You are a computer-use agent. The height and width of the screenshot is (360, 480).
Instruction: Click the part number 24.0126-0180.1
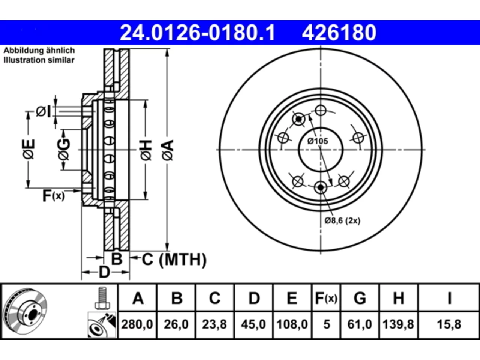tap(198, 33)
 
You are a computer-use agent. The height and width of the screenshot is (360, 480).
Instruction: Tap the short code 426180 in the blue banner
tap(339, 33)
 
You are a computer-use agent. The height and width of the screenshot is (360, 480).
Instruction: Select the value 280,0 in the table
tap(137, 324)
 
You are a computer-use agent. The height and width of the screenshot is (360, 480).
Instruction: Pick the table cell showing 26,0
tap(176, 324)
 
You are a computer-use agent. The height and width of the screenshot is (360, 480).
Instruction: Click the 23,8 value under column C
tap(214, 324)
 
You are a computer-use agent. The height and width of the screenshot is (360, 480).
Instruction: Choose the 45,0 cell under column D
tap(253, 324)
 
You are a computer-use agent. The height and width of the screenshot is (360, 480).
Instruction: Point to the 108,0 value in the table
tap(292, 324)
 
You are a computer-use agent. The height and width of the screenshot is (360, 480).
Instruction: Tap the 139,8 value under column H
tap(398, 324)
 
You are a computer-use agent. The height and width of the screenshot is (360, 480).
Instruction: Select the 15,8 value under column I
tap(449, 324)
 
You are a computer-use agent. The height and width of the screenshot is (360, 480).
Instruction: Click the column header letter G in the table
tap(360, 298)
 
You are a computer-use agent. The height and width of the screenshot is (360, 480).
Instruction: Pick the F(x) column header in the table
tap(326, 298)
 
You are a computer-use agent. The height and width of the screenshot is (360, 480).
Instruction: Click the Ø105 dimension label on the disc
tap(318, 141)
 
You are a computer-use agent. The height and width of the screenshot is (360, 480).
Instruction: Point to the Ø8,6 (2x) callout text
tap(342, 221)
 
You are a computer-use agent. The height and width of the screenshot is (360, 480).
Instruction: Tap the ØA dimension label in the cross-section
tap(168, 151)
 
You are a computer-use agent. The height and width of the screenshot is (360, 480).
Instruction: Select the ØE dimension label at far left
tap(28, 149)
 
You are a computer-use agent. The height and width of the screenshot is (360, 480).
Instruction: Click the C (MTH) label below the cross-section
tap(174, 259)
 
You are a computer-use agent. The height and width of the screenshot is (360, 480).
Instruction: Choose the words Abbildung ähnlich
tap(39, 51)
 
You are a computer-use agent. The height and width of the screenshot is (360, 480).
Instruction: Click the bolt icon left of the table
tap(102, 298)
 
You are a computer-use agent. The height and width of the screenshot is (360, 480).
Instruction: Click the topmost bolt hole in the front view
tap(321, 110)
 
